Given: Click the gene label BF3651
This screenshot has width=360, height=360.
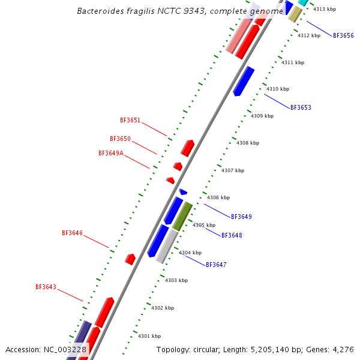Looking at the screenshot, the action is coord(130,120).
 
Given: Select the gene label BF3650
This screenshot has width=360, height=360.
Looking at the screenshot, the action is coord(120,139).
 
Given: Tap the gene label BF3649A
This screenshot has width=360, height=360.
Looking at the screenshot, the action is coord(111,153).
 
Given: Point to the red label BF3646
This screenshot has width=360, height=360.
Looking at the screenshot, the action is coord(72,233).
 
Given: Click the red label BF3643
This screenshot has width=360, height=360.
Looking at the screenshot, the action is coord(46,287).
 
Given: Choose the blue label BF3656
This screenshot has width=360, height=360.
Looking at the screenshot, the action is coord(343,35).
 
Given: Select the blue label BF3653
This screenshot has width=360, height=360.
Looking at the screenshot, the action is coord(301,107).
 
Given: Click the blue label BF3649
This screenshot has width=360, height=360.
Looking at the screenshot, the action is coord(241,216).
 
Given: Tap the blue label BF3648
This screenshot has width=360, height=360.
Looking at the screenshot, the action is coord(232,235).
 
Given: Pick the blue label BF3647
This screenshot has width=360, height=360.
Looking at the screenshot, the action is coord(216,265).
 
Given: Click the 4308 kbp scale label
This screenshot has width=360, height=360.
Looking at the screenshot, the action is coord(248,143).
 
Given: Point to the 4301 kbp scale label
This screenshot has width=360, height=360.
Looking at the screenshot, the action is coord(149,336).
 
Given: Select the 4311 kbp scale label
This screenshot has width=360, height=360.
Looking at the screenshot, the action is coord(293,62).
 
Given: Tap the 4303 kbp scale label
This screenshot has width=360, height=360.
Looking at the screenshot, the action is coord(176,280).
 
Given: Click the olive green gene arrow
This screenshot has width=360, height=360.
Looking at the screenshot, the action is coord(182,217).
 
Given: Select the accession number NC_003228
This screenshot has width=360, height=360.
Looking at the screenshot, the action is coord(65,349).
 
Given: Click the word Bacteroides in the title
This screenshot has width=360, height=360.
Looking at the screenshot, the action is coord(101,11).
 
